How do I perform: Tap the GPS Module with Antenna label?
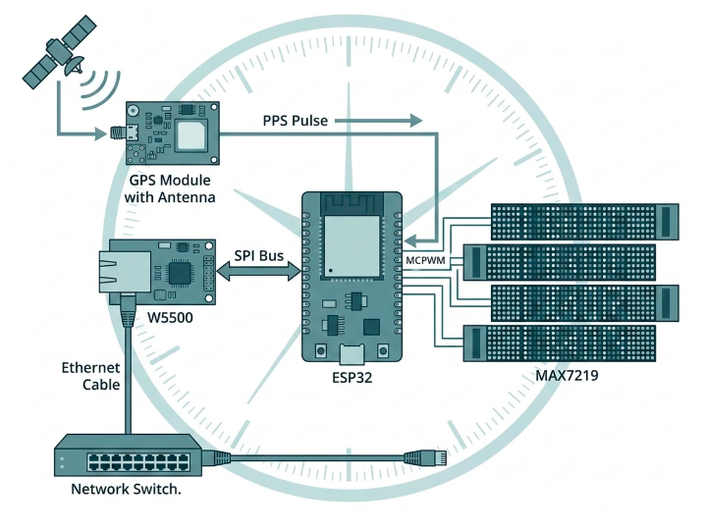click(x=172, y=189)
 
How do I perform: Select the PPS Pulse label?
click(x=295, y=121)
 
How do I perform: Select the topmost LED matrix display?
click(x=585, y=220)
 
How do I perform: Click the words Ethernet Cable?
click(x=91, y=376)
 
